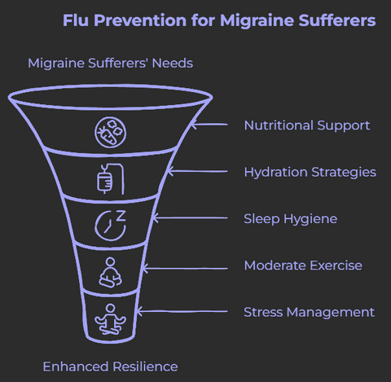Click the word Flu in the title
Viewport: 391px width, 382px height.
click(x=76, y=20)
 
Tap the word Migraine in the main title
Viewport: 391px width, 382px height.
click(x=257, y=20)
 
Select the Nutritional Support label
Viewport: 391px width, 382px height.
click(x=307, y=125)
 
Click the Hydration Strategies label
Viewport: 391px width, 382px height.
click(x=310, y=173)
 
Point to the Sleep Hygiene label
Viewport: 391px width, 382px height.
click(x=291, y=219)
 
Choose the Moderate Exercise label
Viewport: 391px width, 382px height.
click(x=303, y=266)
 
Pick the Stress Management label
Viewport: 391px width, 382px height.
click(x=309, y=312)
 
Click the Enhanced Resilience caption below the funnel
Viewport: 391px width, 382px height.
click(x=110, y=367)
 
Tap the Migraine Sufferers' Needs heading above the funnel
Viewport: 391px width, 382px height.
click(x=110, y=64)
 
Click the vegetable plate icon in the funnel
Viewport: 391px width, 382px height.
click(x=110, y=133)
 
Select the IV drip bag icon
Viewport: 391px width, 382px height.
click(x=111, y=179)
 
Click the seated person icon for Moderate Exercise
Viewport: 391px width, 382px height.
click(x=110, y=272)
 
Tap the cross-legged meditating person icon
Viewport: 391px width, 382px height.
click(x=110, y=319)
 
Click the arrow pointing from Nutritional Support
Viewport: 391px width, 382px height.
click(x=209, y=125)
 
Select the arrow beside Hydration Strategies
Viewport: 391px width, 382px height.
click(x=197, y=171)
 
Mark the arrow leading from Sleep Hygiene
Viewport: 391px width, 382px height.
click(x=190, y=218)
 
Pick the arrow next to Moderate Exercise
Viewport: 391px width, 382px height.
click(x=185, y=269)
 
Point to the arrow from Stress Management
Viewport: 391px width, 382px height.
click(x=181, y=311)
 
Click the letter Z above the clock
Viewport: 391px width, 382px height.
click(x=121, y=215)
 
